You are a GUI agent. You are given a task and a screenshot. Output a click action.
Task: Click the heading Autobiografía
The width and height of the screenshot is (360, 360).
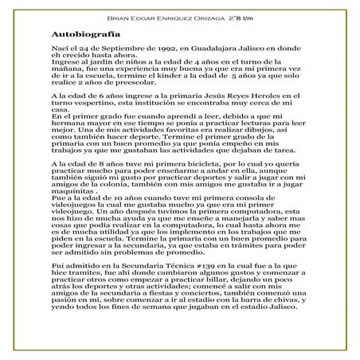click(85, 36)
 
